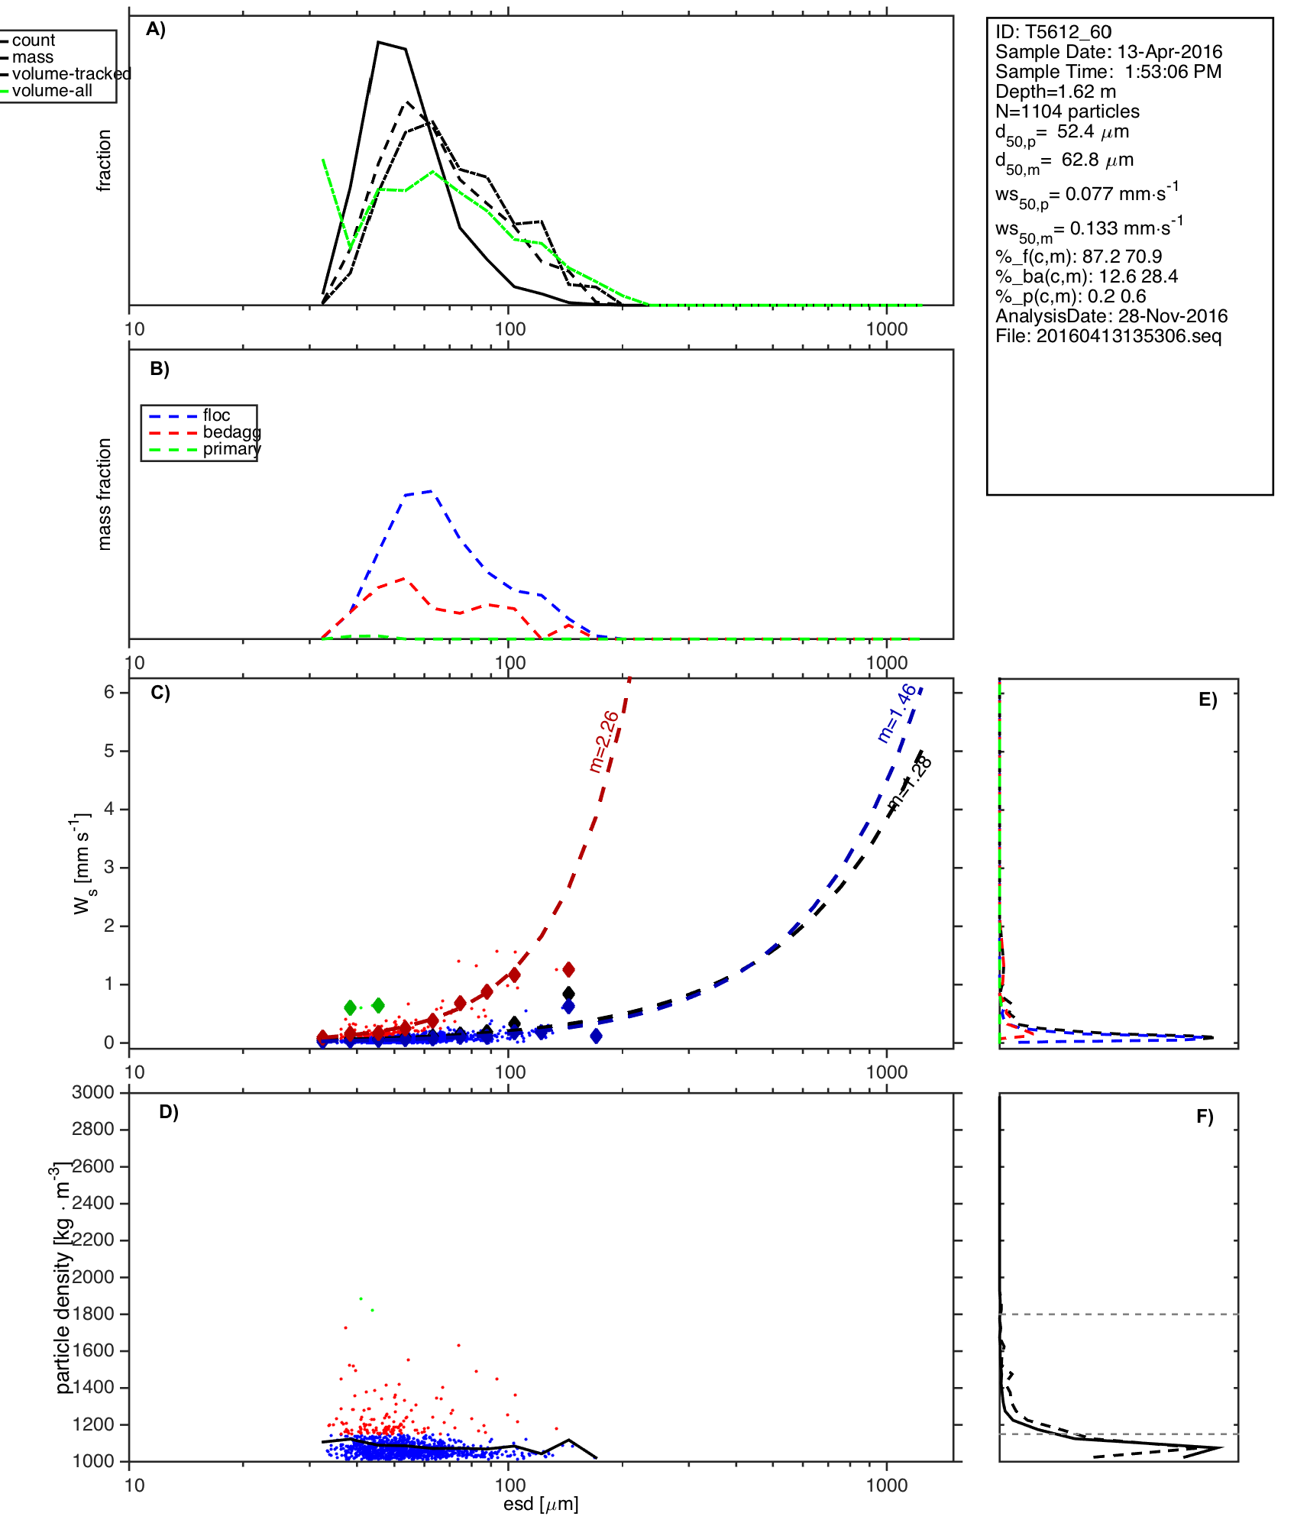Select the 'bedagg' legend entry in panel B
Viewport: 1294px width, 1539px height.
[x=231, y=432]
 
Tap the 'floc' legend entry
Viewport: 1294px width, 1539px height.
[x=216, y=415]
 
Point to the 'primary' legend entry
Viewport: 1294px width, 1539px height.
[x=231, y=449]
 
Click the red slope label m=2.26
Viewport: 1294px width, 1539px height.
[x=604, y=741]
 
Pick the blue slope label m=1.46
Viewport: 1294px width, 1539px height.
[x=896, y=713]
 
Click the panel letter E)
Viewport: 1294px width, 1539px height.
[x=1208, y=700]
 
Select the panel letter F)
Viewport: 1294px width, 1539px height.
[x=1205, y=1117]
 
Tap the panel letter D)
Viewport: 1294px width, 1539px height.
[x=169, y=1112]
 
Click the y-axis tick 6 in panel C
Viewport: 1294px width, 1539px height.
[x=110, y=692]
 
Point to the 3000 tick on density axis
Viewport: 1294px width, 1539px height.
[x=92, y=1092]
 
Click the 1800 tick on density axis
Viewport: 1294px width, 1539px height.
[x=92, y=1314]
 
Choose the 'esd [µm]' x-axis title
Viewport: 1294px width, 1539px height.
[x=541, y=1505]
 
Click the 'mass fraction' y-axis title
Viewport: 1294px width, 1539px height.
[x=105, y=494]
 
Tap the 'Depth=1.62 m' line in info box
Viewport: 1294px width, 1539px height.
[x=1056, y=92]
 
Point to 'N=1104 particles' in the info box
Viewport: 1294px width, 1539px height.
[x=1067, y=112]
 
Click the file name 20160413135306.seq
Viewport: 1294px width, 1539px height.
[x=1128, y=336]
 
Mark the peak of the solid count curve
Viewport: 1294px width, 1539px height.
[x=378, y=42]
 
